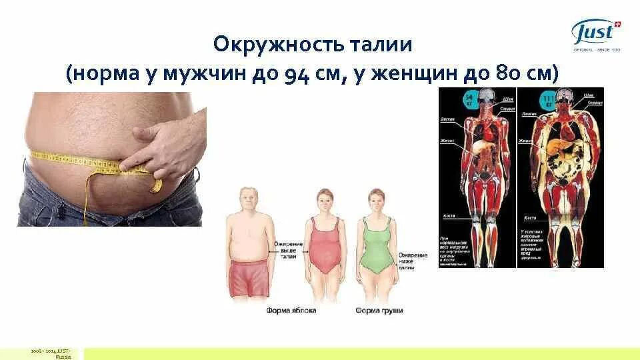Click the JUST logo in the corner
[x=595, y=34]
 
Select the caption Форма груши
[x=379, y=311]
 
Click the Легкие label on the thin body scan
[x=448, y=120]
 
